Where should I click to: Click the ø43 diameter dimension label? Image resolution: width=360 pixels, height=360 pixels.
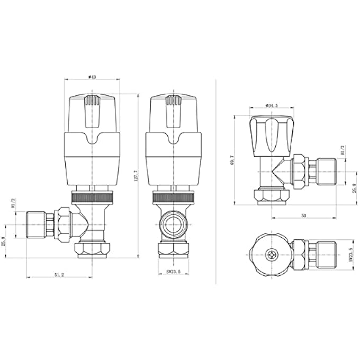click(x=92, y=77)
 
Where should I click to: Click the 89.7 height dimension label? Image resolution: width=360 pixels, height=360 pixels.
click(x=231, y=160)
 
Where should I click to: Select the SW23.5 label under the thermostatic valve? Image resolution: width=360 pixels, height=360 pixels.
click(x=172, y=272)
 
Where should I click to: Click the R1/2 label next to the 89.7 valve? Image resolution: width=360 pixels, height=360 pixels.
click(x=343, y=151)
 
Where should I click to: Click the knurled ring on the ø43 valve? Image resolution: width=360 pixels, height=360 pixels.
click(x=92, y=199)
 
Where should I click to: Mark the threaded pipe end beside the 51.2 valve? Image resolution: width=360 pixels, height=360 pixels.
click(x=35, y=224)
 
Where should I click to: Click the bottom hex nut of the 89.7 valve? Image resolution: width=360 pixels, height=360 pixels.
click(x=272, y=197)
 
